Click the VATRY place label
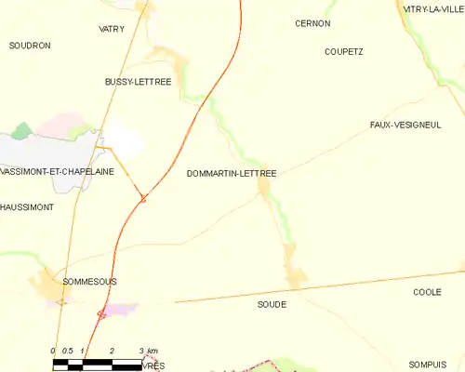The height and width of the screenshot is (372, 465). click(112, 29)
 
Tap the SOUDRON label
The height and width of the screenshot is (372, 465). click(30, 45)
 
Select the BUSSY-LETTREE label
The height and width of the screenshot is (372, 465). click(139, 82)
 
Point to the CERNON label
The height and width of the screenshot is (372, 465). click(312, 23)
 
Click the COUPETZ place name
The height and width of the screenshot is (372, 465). click(344, 52)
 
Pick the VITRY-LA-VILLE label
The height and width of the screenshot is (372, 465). click(432, 8)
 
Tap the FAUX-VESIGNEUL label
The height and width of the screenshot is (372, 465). click(405, 125)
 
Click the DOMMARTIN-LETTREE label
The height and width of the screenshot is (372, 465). click(232, 173)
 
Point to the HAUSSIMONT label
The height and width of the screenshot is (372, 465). click(27, 206)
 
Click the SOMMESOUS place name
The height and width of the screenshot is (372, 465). click(89, 280)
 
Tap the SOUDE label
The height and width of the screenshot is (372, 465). click(271, 304)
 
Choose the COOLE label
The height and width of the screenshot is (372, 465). click(427, 292)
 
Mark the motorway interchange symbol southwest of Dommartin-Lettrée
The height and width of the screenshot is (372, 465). click(142, 197)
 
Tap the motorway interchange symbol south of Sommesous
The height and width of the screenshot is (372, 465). click(101, 314)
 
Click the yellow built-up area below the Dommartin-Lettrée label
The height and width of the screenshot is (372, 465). click(264, 190)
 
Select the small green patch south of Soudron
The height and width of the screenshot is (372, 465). click(22, 131)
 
